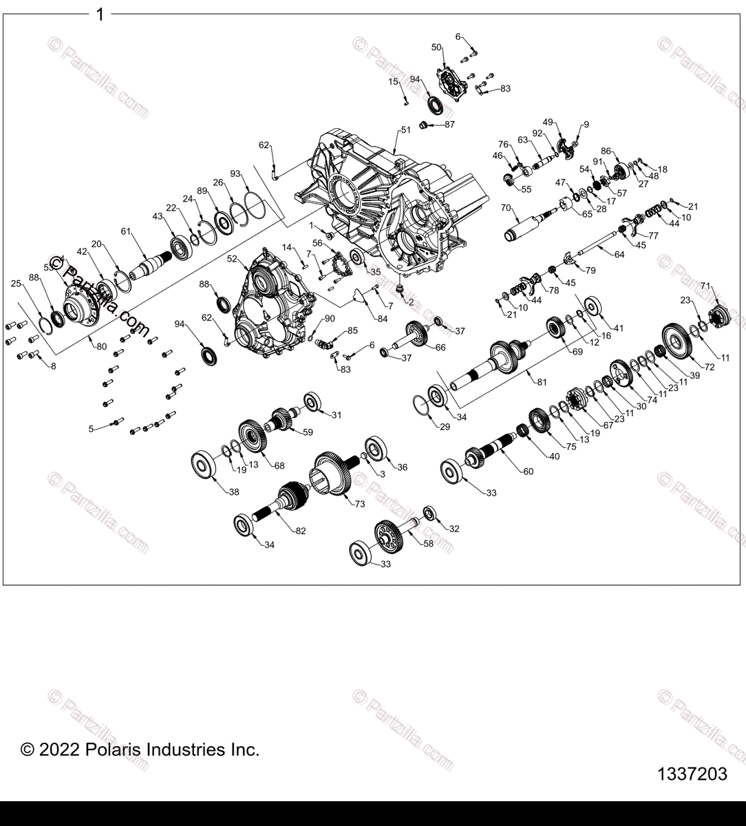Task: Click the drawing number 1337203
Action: [692, 774]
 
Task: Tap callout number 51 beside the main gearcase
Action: [405, 130]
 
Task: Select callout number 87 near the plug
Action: [449, 125]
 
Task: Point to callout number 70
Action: [506, 207]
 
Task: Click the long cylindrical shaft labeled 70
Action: [526, 226]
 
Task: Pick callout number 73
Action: [359, 505]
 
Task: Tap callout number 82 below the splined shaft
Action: [301, 531]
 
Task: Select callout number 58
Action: [429, 543]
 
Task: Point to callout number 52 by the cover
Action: [232, 259]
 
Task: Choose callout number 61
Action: [125, 231]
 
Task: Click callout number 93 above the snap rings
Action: [235, 173]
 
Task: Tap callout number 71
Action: [705, 286]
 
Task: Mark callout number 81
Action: [542, 382]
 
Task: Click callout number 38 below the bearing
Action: [234, 492]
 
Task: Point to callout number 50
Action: [436, 47]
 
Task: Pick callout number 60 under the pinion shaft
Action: [529, 472]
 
